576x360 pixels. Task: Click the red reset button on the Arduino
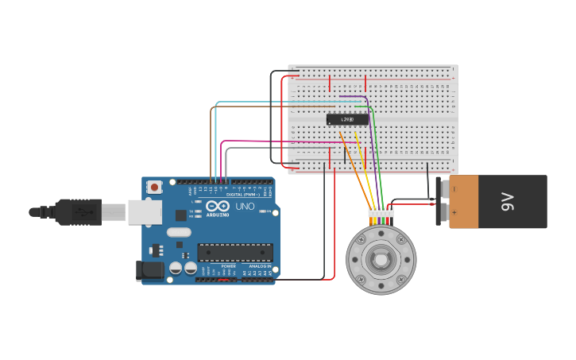(154, 187)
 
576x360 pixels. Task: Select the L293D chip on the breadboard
(347, 120)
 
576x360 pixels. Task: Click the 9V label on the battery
(508, 202)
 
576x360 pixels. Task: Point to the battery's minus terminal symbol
(455, 189)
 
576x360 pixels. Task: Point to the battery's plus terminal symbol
(455, 213)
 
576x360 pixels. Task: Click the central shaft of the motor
(381, 260)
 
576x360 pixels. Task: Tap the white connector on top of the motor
(381, 212)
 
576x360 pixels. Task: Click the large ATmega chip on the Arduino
(235, 253)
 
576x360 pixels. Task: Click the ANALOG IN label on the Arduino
(260, 266)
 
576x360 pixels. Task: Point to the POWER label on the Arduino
(229, 266)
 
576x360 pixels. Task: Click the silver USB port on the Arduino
(145, 212)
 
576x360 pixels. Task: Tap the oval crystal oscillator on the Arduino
(179, 233)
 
